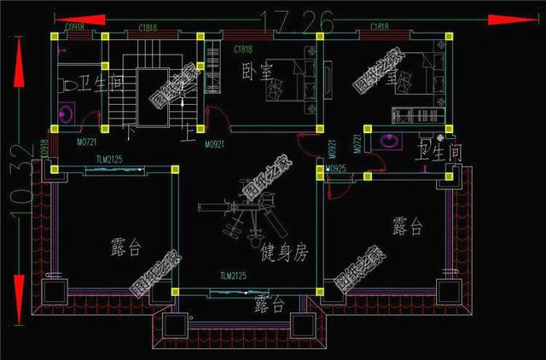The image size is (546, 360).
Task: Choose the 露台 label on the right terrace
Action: click(x=407, y=226)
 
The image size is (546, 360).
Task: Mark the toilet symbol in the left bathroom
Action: click(x=65, y=85)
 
